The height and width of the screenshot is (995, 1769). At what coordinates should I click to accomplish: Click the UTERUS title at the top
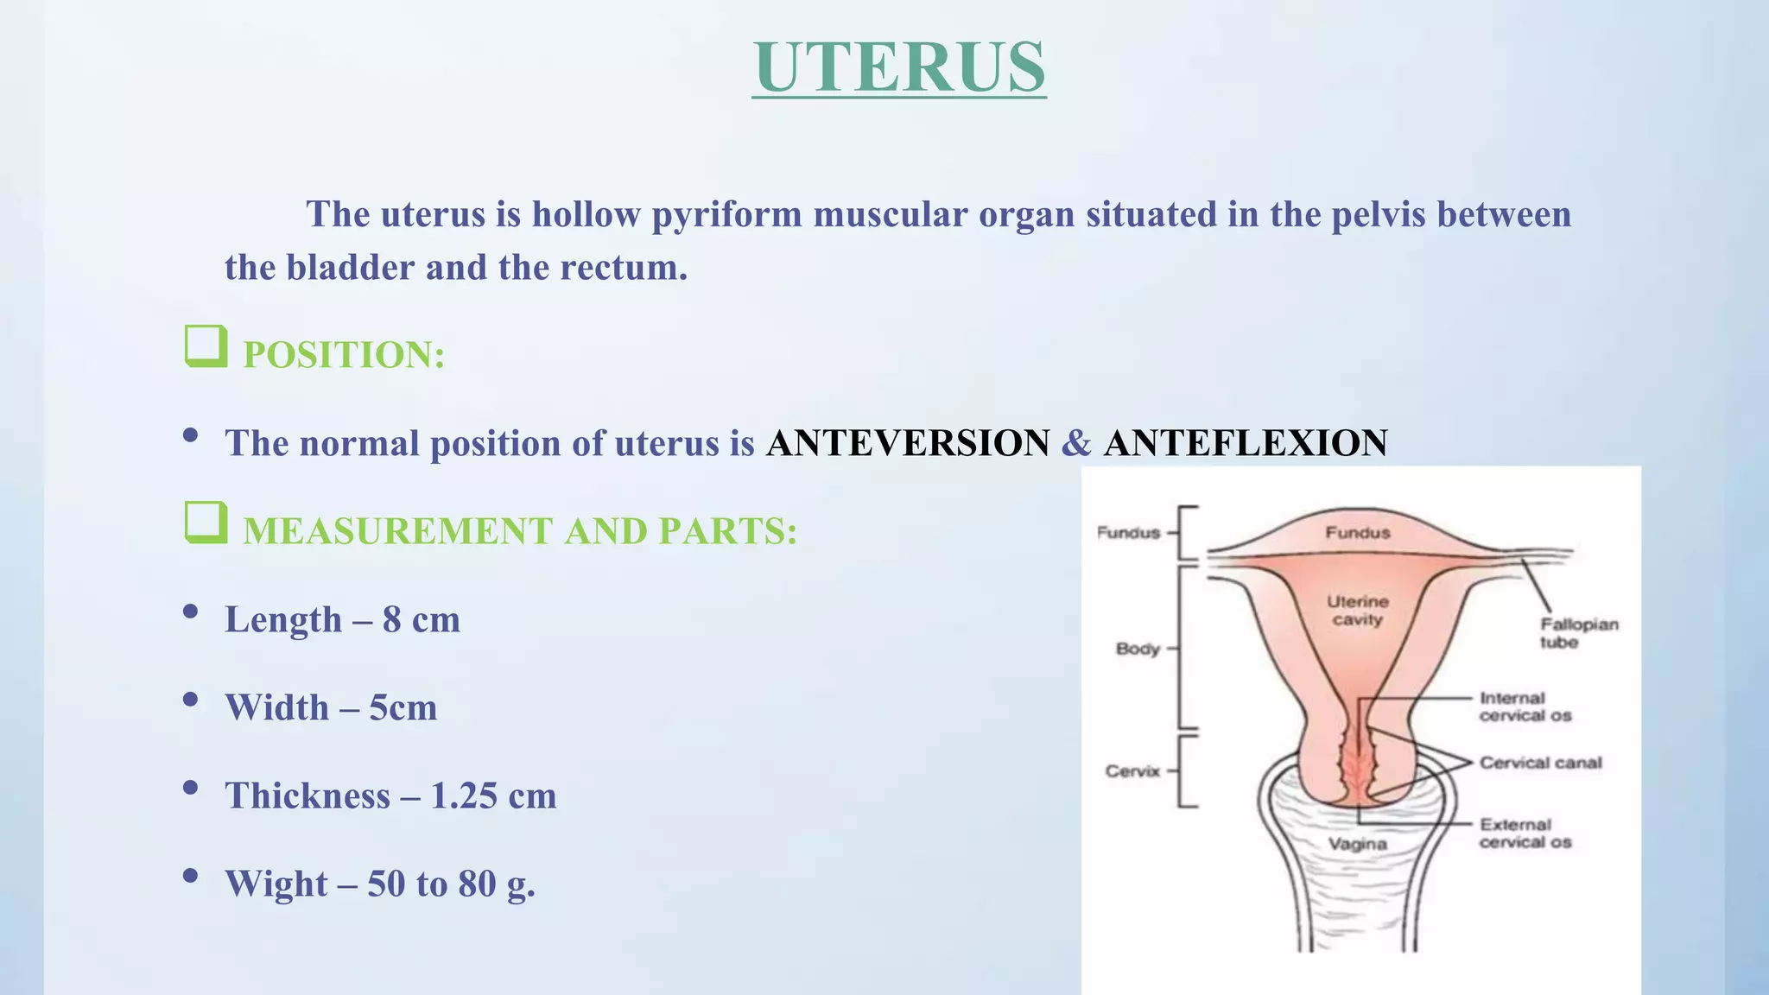[898, 67]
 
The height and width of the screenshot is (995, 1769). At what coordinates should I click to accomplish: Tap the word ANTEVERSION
[909, 443]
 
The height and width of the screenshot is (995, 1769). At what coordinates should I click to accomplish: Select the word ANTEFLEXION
[1246, 443]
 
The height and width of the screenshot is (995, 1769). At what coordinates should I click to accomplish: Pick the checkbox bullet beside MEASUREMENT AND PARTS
[206, 523]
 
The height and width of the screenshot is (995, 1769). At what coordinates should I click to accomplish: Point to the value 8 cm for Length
[422, 619]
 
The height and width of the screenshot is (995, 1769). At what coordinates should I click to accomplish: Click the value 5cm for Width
[403, 707]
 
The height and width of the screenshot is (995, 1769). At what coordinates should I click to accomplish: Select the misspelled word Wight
[276, 884]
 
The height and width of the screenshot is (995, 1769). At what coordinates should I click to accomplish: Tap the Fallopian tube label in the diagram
[1578, 633]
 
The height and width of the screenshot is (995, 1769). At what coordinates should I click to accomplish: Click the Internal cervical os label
[1525, 707]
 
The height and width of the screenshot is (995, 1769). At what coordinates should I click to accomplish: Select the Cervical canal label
[1540, 763]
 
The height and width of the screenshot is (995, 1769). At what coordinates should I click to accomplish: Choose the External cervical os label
[1525, 833]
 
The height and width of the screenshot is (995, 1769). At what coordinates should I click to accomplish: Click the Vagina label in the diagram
[1357, 844]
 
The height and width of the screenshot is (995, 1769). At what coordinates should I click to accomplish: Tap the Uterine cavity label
[1358, 611]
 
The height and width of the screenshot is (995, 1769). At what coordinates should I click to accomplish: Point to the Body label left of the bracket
[1138, 649]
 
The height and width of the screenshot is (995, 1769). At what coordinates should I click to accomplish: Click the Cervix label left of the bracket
[1132, 771]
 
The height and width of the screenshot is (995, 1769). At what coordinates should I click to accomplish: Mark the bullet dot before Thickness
[191, 788]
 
